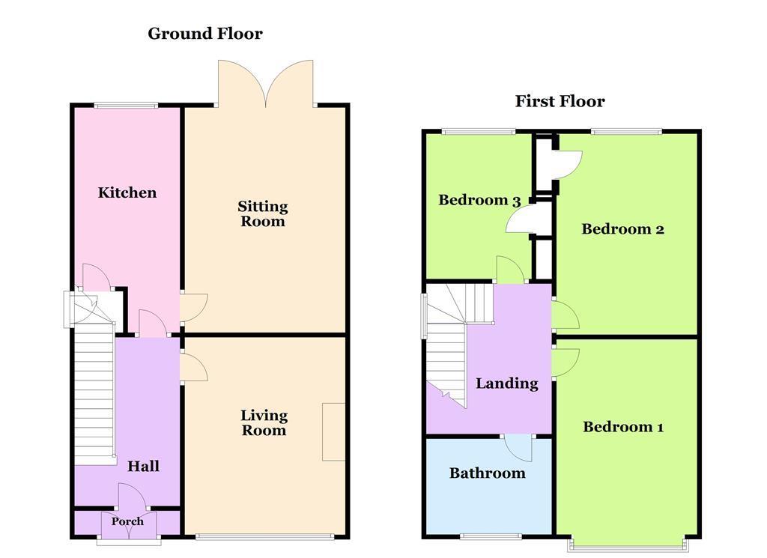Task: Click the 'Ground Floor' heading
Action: [x=204, y=34]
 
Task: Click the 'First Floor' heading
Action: [x=560, y=101]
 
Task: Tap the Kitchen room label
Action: [x=127, y=192]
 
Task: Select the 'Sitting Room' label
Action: [x=263, y=213]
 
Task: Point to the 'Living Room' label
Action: [x=264, y=422]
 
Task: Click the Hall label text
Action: [x=143, y=466]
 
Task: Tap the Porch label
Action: [x=127, y=521]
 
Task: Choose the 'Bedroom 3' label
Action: [x=479, y=200]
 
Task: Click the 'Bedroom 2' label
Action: [x=622, y=229]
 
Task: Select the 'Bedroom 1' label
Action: [x=623, y=427]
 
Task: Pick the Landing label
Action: [x=507, y=383]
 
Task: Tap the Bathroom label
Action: [x=487, y=473]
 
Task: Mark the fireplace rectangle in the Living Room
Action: [x=334, y=431]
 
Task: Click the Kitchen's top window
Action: [x=126, y=105]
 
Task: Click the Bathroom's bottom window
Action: [x=491, y=536]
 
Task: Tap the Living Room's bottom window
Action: [x=265, y=536]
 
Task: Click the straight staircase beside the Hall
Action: [x=94, y=397]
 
